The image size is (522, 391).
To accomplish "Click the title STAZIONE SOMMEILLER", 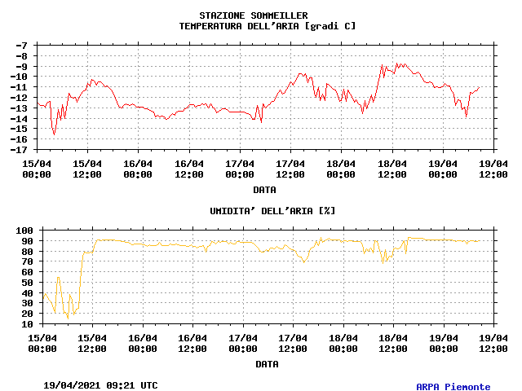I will click(x=254, y=15).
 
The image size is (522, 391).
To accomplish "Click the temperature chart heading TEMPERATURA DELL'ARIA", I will click(x=268, y=26).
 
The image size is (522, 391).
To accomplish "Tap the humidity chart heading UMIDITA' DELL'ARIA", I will click(x=272, y=211).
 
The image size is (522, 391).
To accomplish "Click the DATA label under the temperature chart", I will click(x=264, y=190).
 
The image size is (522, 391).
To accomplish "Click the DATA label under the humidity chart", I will click(x=267, y=364).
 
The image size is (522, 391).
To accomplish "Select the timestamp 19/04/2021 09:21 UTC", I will click(x=101, y=385).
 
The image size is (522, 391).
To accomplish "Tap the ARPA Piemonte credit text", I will click(x=453, y=387).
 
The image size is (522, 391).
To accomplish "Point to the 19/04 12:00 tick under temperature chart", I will click(x=493, y=168).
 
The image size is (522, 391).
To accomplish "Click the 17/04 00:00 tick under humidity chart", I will click(x=244, y=342).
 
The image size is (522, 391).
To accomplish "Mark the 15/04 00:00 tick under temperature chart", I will click(x=37, y=168).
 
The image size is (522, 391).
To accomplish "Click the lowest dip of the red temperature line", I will click(x=54, y=134).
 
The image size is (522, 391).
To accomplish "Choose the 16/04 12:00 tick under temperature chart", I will click(x=189, y=168).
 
